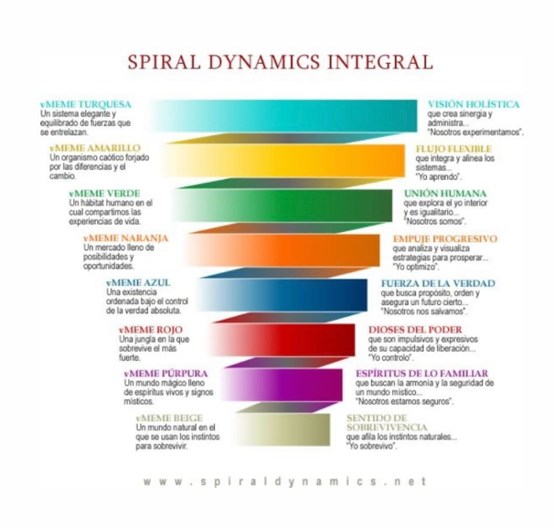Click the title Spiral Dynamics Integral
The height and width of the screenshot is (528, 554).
(280, 62)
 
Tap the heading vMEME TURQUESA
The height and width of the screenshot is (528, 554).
(87, 104)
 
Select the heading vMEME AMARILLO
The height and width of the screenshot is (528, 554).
(95, 147)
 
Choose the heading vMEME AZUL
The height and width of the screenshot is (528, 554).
(138, 282)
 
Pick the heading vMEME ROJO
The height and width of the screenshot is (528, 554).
(149, 329)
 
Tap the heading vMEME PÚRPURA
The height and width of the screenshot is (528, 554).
(165, 374)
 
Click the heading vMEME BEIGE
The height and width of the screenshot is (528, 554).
(167, 417)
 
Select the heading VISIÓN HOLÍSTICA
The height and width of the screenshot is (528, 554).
(474, 104)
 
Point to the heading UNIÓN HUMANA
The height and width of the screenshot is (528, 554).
(444, 193)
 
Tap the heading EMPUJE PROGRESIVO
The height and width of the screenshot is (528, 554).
(444, 238)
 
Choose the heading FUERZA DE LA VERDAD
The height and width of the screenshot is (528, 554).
(437, 283)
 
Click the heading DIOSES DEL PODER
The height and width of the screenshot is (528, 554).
(414, 329)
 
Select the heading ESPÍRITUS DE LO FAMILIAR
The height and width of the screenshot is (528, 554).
(421, 374)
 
